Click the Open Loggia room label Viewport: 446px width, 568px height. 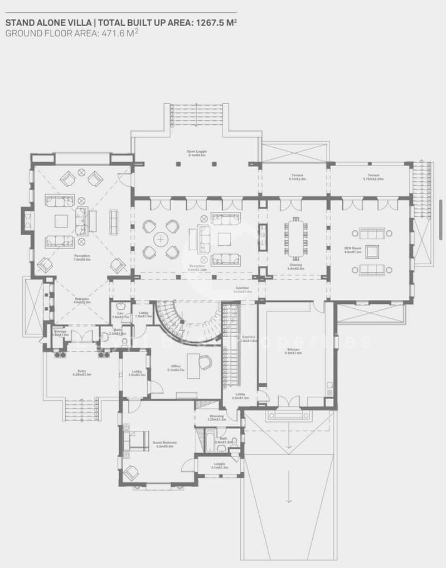(x=196, y=153)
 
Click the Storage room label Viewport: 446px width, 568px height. (x=60, y=332)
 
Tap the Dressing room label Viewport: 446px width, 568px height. (x=216, y=417)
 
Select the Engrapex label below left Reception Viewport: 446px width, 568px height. (x=82, y=300)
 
